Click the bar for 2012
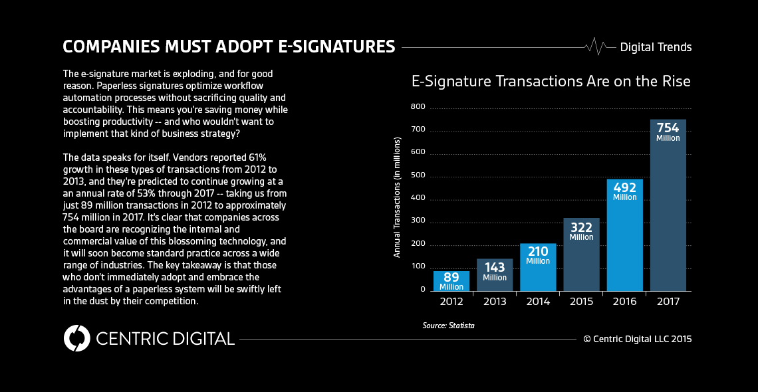[x=451, y=281]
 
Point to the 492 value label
[x=624, y=188]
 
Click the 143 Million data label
[x=495, y=272]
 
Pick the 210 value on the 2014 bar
[x=538, y=252]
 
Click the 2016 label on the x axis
[x=624, y=302]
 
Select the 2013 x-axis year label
[x=495, y=302]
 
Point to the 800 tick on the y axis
[x=418, y=107]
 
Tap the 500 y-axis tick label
[x=418, y=176]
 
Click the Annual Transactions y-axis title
[x=397, y=197]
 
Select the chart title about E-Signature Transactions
[x=551, y=82]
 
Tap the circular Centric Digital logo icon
[x=76, y=338]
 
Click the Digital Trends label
[x=656, y=47]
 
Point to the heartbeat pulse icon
[x=596, y=47]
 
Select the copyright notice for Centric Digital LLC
[x=637, y=339]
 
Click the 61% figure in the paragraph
[x=257, y=157]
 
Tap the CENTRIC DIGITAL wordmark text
[x=165, y=338]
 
